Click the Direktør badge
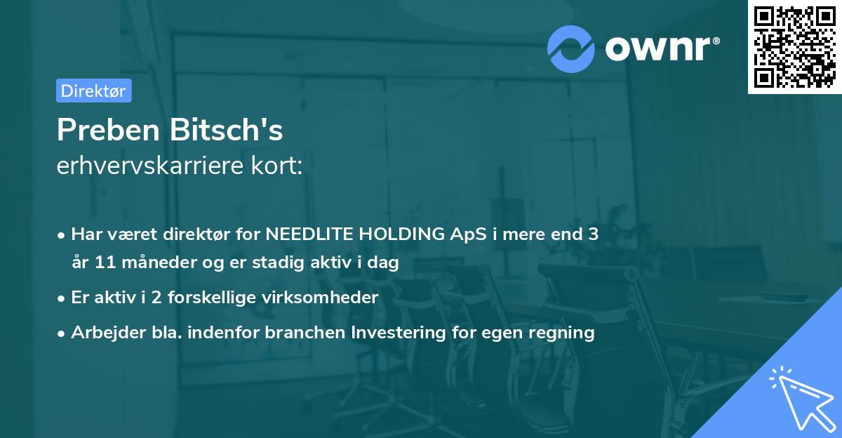93,91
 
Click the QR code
794,47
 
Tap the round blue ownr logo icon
571,48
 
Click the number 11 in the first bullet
104,263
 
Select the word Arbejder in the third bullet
102,332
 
